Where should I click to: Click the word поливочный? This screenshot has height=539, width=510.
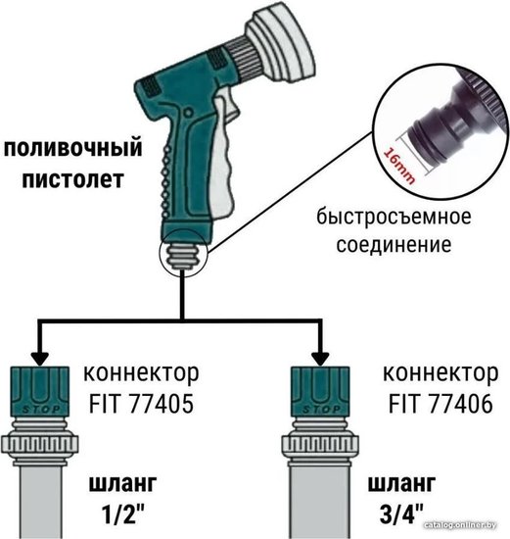coord(72,148)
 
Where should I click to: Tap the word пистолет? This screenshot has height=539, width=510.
coord(72,179)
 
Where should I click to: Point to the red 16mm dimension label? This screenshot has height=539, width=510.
coord(399,166)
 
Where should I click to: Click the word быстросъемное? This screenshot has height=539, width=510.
coord(394,217)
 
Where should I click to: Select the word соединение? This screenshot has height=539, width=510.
coord(394,245)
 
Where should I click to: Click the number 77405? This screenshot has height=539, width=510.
coord(162,403)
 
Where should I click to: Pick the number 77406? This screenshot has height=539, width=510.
coord(460,403)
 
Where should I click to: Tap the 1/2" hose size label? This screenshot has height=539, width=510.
coord(122,514)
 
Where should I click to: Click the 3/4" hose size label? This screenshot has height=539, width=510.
coord(401,514)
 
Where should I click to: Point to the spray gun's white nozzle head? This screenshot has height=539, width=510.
coord(280,45)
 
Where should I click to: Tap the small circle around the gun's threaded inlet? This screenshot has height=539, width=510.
coord(183,253)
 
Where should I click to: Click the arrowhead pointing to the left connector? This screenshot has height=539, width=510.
coord(40,359)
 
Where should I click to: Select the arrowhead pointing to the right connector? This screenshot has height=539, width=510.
coord(320,359)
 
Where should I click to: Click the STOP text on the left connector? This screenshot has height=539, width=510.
coord(41,410)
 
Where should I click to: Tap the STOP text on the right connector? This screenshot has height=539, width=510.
coord(321,410)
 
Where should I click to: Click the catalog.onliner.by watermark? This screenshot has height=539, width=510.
coord(460,525)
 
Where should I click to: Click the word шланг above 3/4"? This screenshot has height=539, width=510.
coord(401,484)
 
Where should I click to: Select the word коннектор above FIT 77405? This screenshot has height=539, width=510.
coord(141,373)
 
